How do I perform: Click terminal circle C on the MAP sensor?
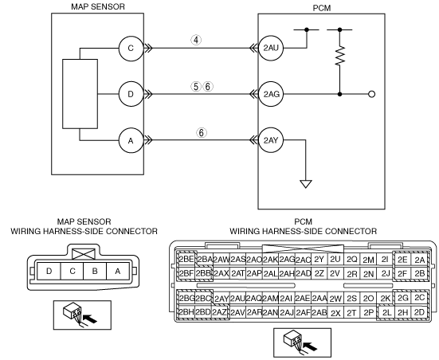pyautogui.click(x=131, y=48)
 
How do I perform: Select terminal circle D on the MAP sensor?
pyautogui.click(x=131, y=94)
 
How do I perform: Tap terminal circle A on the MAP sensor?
pyautogui.click(x=131, y=140)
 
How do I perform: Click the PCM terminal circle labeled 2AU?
pyautogui.click(x=271, y=48)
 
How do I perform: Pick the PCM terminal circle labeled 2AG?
pyautogui.click(x=271, y=94)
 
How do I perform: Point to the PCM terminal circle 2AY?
pyautogui.click(x=271, y=140)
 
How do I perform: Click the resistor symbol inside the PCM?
pyautogui.click(x=340, y=56)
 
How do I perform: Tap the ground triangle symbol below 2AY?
pyautogui.click(x=306, y=184)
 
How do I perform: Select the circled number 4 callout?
pyautogui.click(x=196, y=40)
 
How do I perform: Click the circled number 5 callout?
pyautogui.click(x=196, y=87)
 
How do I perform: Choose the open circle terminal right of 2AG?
pyautogui.click(x=372, y=94)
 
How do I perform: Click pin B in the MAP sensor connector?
pyautogui.click(x=95, y=272)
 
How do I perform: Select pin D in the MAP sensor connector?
pyautogui.click(x=49, y=272)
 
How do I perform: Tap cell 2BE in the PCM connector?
pyautogui.click(x=186, y=259)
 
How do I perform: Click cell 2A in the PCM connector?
pyautogui.click(x=419, y=260)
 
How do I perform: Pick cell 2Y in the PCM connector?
pyautogui.click(x=319, y=260)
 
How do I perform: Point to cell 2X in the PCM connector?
pyautogui.click(x=335, y=313)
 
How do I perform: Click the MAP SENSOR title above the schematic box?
pyautogui.click(x=98, y=6)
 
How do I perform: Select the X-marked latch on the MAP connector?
pyautogui.click(x=84, y=254)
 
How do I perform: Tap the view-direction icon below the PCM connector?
pyautogui.click(x=302, y=342)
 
